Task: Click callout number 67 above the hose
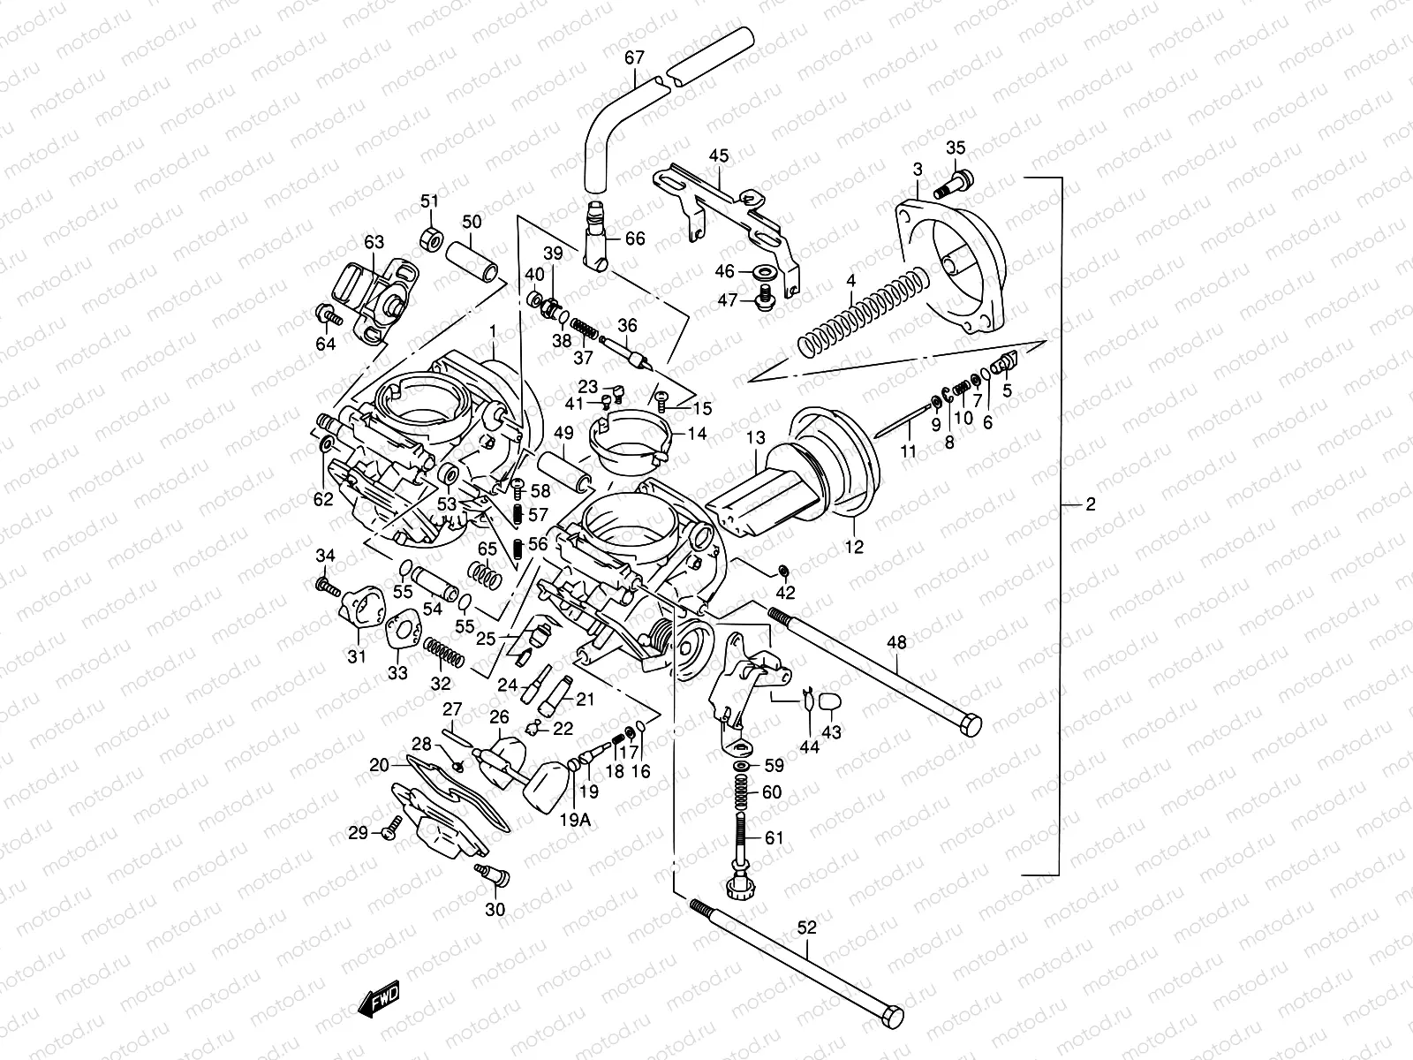(x=634, y=58)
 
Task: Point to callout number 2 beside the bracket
(x=1090, y=504)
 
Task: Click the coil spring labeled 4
(x=861, y=314)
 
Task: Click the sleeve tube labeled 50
(x=472, y=260)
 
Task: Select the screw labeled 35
(x=957, y=181)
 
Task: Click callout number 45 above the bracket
(x=718, y=156)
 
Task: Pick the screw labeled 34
(x=327, y=585)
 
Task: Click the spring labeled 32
(x=442, y=654)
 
